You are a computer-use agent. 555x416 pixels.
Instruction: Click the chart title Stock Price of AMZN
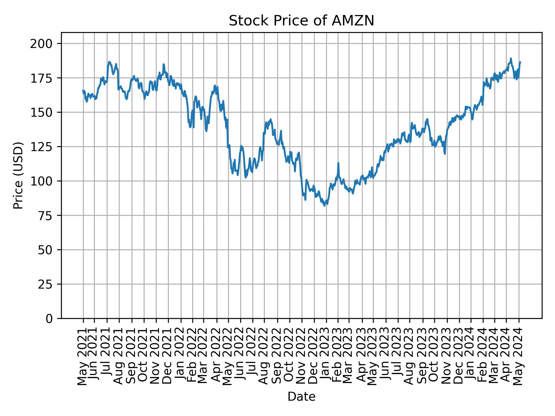(301, 21)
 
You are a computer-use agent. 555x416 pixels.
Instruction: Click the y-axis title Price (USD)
(18, 175)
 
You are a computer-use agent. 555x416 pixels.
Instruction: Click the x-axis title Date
(301, 397)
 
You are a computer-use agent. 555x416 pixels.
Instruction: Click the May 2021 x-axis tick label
(83, 356)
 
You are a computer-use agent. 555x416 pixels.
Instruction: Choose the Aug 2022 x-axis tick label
(264, 356)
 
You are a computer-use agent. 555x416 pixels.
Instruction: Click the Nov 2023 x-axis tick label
(447, 356)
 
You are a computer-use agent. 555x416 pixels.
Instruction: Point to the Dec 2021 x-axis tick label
(168, 356)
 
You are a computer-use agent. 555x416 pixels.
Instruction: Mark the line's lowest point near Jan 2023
(325, 206)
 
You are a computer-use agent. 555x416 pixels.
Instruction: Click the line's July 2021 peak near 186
(109, 62)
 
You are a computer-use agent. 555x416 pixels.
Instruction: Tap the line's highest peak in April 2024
(511, 58)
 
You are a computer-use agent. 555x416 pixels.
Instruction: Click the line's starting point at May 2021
(83, 90)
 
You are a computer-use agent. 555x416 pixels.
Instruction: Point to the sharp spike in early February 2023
(338, 163)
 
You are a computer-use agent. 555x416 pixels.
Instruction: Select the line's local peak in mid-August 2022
(271, 119)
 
